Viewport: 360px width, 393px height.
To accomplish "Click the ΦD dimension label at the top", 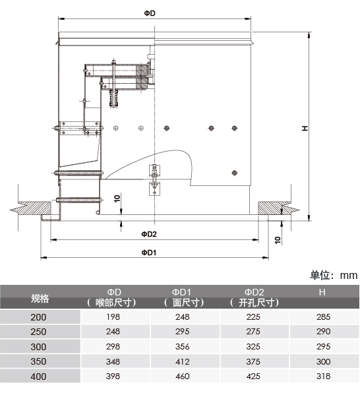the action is (150, 13).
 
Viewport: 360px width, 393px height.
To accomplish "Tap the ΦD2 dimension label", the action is (149, 234).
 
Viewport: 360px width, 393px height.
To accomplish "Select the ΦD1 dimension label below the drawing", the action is (149, 253).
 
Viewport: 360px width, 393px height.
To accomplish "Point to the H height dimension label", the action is (305, 128).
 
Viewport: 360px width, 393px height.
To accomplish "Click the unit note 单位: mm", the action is (334, 275).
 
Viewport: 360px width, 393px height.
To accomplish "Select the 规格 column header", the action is (40, 298).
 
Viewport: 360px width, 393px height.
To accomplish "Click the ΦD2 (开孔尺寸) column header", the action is (255, 297).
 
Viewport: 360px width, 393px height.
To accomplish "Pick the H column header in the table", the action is (322, 292).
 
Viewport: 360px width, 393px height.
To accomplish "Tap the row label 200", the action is (38, 317).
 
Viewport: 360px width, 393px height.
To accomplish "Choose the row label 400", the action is (38, 377).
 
